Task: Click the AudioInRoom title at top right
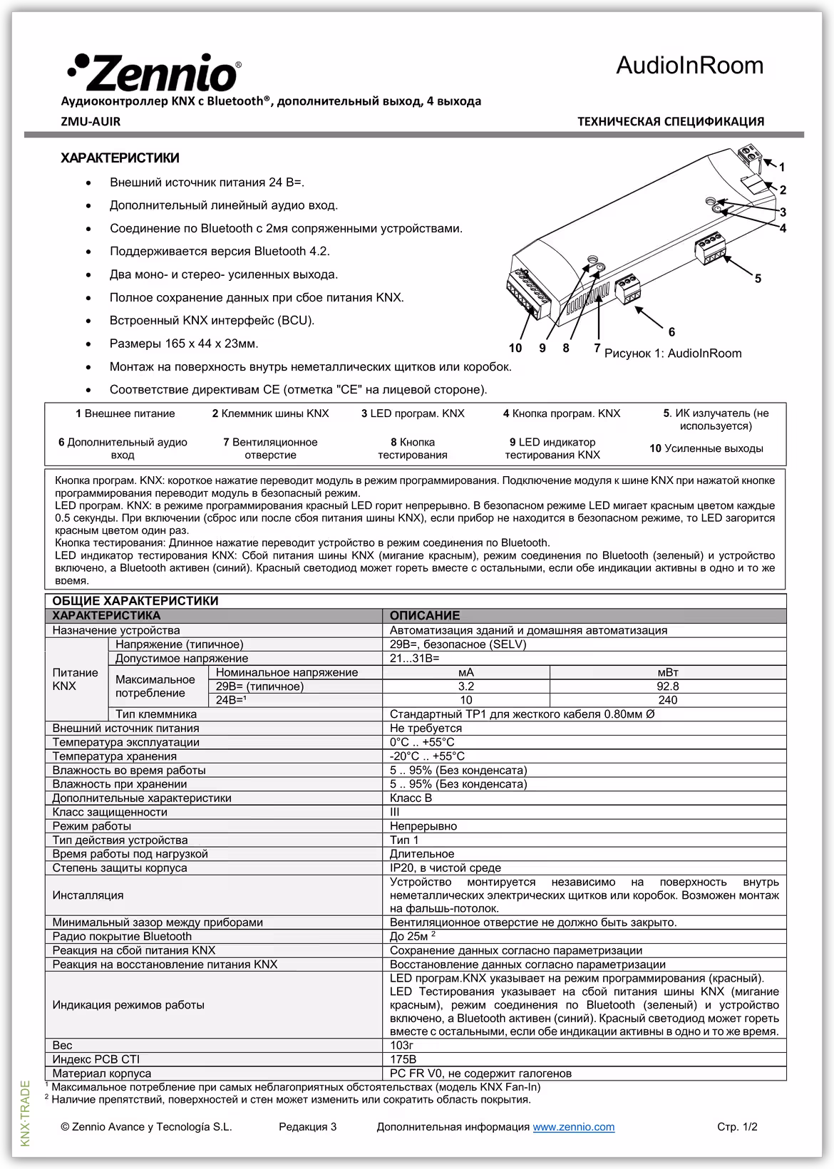coord(689,66)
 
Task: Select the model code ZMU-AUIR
coord(91,121)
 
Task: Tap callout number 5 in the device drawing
coord(758,279)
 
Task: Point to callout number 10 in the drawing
coord(515,348)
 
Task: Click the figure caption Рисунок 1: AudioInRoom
coord(673,354)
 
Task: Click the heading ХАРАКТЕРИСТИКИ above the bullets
coord(120,158)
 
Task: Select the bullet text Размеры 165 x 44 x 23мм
coord(184,344)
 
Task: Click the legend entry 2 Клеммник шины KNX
coord(270,413)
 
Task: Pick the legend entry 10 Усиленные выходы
coord(706,448)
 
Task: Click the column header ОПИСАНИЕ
coord(425,616)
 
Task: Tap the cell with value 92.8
coord(667,686)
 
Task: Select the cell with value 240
coord(667,700)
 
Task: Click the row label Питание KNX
coord(75,679)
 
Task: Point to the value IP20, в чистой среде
coord(445,867)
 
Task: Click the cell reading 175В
coord(403,1059)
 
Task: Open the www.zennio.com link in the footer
coord(573,1127)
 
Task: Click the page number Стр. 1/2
coord(736,1127)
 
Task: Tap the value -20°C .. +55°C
coord(427,756)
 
